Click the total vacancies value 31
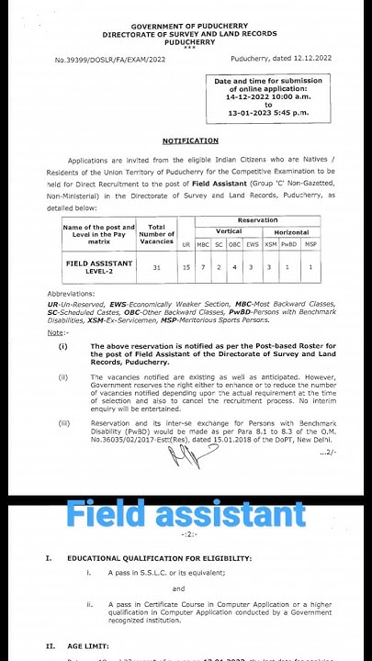(x=157, y=267)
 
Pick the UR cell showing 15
(x=186, y=267)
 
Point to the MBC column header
(x=204, y=246)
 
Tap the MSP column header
(x=311, y=246)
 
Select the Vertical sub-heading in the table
(x=229, y=232)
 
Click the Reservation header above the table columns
(x=256, y=220)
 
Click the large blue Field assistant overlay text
(x=186, y=512)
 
